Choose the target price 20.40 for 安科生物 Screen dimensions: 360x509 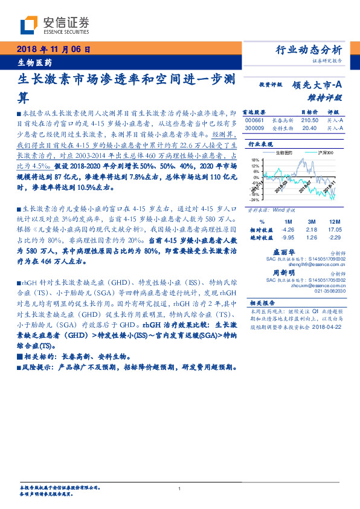point(309,128)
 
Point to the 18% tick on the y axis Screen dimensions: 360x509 point(254,159)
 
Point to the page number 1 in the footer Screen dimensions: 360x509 point(180,488)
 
